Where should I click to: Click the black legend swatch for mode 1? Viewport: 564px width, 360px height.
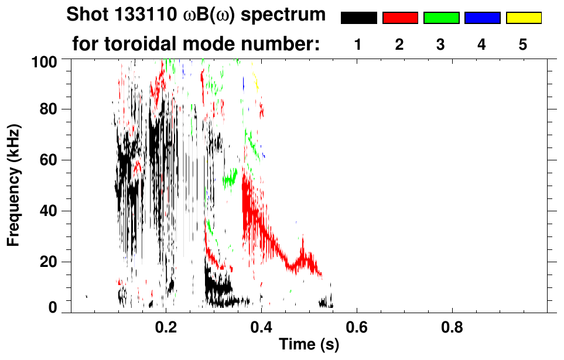coord(358,18)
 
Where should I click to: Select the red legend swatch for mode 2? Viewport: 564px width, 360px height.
coord(400,18)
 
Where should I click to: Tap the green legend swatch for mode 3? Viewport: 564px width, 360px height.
coord(441,18)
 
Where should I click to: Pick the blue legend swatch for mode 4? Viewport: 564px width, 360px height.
coord(482,18)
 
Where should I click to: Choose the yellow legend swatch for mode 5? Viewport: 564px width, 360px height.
coord(523,18)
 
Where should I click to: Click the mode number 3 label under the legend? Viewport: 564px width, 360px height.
coord(441,45)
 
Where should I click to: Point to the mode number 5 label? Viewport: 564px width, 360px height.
coord(523,45)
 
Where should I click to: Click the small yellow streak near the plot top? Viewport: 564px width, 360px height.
coord(255,80)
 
